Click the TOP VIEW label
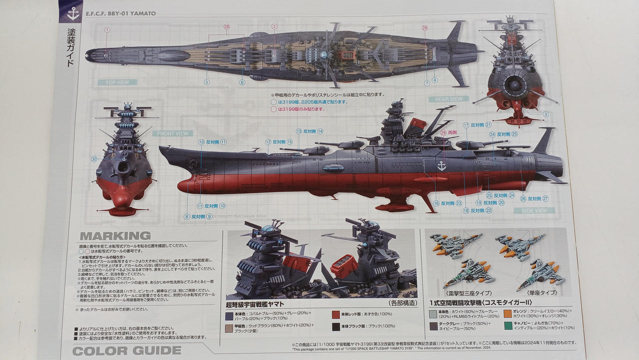coord(117,82)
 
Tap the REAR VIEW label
coord(448,99)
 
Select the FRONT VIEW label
coord(173,133)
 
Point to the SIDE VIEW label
coord(535,211)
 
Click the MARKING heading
coord(114,236)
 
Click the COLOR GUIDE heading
coord(127,351)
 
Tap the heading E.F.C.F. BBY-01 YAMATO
coord(121,13)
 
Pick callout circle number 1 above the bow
coord(107,30)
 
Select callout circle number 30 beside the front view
coord(94,159)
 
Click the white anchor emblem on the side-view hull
coord(441,165)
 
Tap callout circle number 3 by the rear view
coord(546,114)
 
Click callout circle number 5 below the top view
coord(207,82)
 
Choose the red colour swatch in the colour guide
coord(336,315)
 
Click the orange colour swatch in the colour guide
coord(507,314)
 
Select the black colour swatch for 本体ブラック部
coord(336,327)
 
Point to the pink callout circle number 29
coord(443,133)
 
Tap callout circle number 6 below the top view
coord(242,82)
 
